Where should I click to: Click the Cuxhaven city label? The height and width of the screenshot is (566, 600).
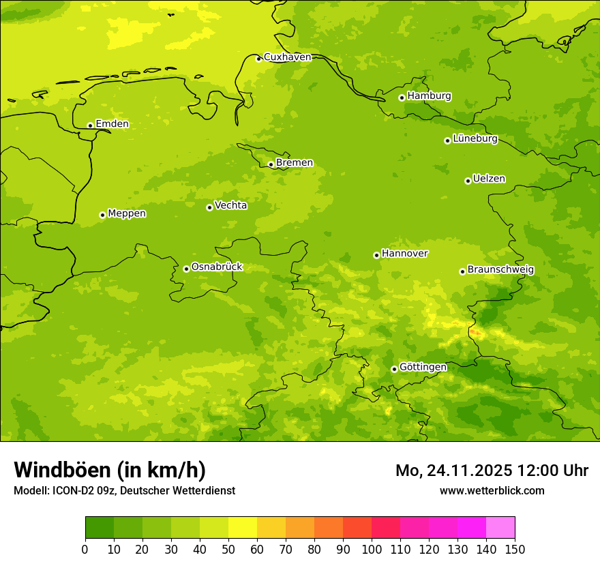click(x=287, y=57)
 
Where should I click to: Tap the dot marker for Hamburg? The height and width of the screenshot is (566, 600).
click(x=402, y=98)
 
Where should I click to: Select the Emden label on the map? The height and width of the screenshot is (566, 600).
click(x=112, y=124)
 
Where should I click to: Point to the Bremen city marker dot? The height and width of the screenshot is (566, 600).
click(x=271, y=164)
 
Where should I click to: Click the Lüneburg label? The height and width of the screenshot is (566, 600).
click(x=475, y=139)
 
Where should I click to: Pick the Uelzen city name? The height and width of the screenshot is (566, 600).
click(x=489, y=179)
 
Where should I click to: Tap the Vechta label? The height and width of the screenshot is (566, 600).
click(x=230, y=205)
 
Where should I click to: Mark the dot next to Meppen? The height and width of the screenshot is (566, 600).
click(x=102, y=215)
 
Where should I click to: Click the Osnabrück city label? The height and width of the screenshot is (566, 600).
click(x=217, y=267)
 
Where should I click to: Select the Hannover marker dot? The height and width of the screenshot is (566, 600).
click(x=376, y=255)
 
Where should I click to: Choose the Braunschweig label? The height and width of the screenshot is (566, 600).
click(x=500, y=270)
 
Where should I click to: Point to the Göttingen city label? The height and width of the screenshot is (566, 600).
click(x=423, y=368)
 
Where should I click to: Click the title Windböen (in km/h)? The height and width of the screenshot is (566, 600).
click(x=110, y=470)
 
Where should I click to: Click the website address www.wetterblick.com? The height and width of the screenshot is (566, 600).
click(x=492, y=490)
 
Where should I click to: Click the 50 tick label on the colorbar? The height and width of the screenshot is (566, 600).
click(x=228, y=549)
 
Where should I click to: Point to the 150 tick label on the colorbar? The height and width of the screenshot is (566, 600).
click(x=515, y=549)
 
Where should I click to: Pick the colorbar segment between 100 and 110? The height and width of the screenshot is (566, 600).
click(x=386, y=528)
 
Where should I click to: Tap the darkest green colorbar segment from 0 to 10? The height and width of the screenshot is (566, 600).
click(x=100, y=528)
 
